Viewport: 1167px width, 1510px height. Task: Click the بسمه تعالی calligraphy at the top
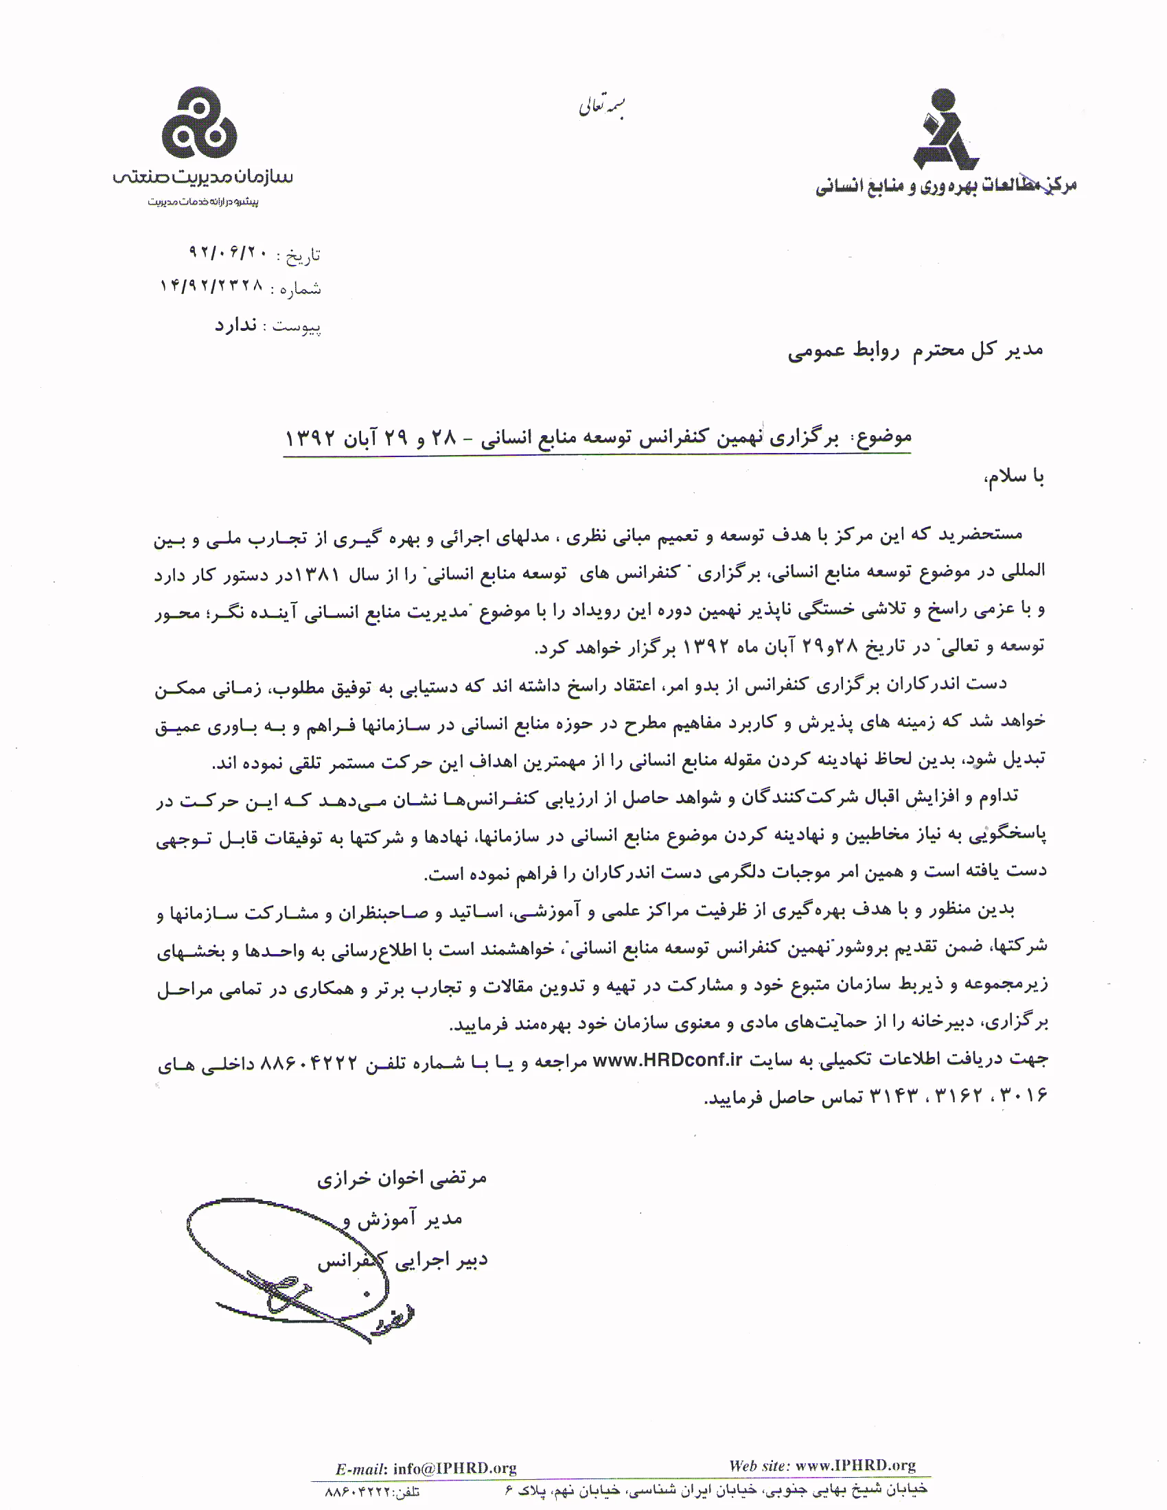click(601, 107)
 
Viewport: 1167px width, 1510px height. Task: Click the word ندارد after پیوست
click(235, 325)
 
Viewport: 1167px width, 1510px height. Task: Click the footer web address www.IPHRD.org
click(855, 1465)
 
